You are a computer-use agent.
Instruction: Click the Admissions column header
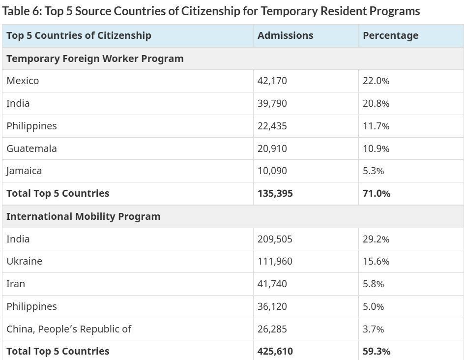[x=285, y=35]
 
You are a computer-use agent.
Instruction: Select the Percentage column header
[x=390, y=35]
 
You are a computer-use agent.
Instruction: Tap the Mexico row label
[x=23, y=81]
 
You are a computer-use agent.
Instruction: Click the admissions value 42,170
[x=272, y=81]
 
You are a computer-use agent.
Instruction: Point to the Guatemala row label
[x=31, y=149]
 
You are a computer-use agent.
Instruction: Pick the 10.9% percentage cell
[x=376, y=149]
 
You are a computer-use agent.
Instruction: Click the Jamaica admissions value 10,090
[x=272, y=171]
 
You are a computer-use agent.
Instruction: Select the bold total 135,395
[x=275, y=193]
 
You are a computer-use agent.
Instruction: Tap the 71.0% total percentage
[x=377, y=193]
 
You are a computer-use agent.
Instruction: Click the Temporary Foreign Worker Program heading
[x=95, y=59]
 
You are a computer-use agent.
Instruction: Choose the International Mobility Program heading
[x=83, y=216]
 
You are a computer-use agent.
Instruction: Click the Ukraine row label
[x=24, y=261]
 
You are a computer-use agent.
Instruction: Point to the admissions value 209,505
[x=275, y=239]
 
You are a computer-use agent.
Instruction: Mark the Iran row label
[x=16, y=284]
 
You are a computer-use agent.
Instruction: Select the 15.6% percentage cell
[x=376, y=261]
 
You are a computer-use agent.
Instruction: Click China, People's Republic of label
[x=69, y=329]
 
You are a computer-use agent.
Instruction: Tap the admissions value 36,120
[x=272, y=306]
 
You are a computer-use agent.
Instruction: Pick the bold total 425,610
[x=275, y=351]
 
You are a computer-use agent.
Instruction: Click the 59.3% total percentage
[x=377, y=351]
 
